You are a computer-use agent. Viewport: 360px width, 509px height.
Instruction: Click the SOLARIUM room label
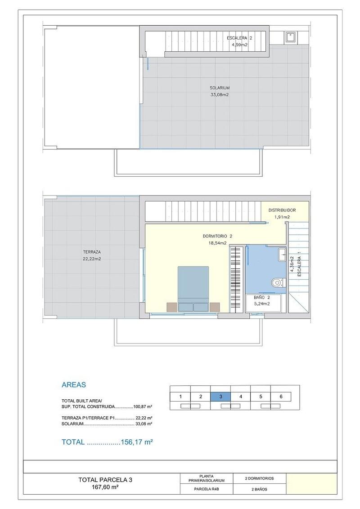(220, 88)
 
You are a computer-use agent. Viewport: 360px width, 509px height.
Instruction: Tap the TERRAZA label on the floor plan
(92, 252)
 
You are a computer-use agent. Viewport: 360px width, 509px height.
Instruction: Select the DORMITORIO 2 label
(218, 237)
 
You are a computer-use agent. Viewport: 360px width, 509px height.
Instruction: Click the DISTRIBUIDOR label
(282, 210)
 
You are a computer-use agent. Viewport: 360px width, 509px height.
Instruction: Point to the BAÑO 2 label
(262, 297)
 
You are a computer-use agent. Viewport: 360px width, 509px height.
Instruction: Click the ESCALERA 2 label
(239, 38)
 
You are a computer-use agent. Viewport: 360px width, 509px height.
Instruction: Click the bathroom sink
(282, 254)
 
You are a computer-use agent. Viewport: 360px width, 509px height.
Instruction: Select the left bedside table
(172, 307)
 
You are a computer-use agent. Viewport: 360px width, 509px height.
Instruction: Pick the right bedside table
(215, 307)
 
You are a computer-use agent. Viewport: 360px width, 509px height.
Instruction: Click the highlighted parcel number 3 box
(220, 396)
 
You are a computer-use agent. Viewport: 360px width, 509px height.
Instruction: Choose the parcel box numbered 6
(281, 396)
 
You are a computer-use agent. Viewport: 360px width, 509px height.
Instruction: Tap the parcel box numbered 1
(180, 396)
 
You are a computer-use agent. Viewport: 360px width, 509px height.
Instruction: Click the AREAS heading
(74, 384)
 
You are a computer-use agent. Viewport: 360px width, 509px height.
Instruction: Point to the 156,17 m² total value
(137, 442)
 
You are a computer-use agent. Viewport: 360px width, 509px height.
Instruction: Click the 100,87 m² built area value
(144, 406)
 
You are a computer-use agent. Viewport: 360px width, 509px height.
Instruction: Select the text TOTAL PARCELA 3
(105, 480)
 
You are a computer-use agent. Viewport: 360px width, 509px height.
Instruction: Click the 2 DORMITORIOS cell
(259, 478)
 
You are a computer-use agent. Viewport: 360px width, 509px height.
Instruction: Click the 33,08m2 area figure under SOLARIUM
(220, 95)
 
